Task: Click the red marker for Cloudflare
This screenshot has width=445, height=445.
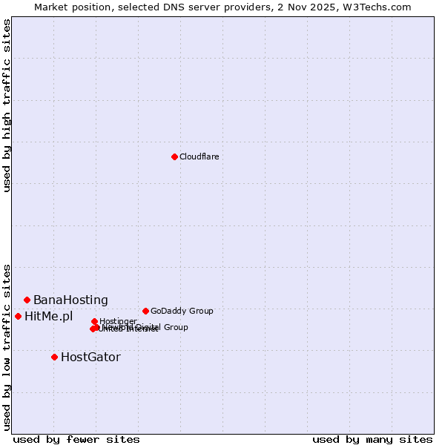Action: pyautogui.click(x=174, y=156)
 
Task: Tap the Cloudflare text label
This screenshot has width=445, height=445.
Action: pyautogui.click(x=199, y=156)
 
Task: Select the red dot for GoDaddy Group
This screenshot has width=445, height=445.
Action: pyautogui.click(x=145, y=311)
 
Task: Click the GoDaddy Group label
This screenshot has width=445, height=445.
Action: pyautogui.click(x=182, y=311)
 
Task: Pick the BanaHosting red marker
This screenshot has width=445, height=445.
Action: pyautogui.click(x=27, y=300)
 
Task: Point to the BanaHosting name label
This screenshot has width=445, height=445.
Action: pyautogui.click(x=70, y=300)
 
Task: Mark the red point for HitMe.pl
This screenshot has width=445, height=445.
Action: pyautogui.click(x=18, y=316)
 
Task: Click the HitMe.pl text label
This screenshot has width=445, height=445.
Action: pyautogui.click(x=49, y=316)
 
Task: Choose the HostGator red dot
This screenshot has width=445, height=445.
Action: pyautogui.click(x=54, y=357)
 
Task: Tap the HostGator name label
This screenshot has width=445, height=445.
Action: pyautogui.click(x=90, y=357)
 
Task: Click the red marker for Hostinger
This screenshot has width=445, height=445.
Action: pyautogui.click(x=94, y=321)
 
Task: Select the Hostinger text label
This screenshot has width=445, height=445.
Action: pyautogui.click(x=118, y=321)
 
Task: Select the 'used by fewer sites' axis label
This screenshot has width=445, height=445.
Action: pyautogui.click(x=76, y=439)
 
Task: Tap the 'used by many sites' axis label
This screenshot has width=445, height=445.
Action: pyautogui.click(x=372, y=439)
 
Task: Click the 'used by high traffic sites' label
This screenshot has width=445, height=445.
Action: pyautogui.click(x=7, y=106)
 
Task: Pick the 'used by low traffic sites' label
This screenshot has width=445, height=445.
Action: pyautogui.click(x=7, y=346)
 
